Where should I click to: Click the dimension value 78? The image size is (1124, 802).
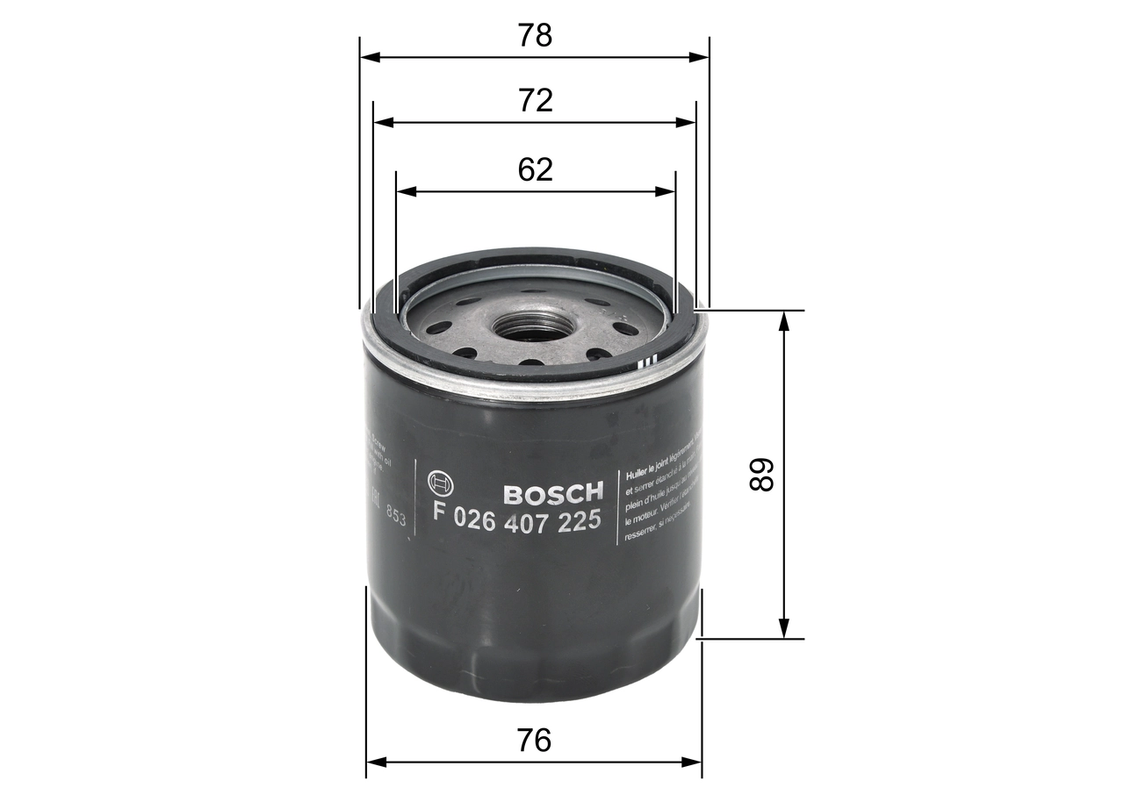coord(535,36)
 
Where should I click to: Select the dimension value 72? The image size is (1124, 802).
coord(535,101)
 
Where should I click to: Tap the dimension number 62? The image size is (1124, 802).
coord(535,169)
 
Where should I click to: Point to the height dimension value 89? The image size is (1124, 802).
coord(760,475)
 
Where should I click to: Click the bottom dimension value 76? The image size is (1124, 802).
coord(534,741)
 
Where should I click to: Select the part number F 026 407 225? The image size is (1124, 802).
coord(517,520)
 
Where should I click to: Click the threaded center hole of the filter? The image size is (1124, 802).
coord(533,327)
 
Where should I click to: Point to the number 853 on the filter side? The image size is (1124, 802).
coord(397,518)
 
